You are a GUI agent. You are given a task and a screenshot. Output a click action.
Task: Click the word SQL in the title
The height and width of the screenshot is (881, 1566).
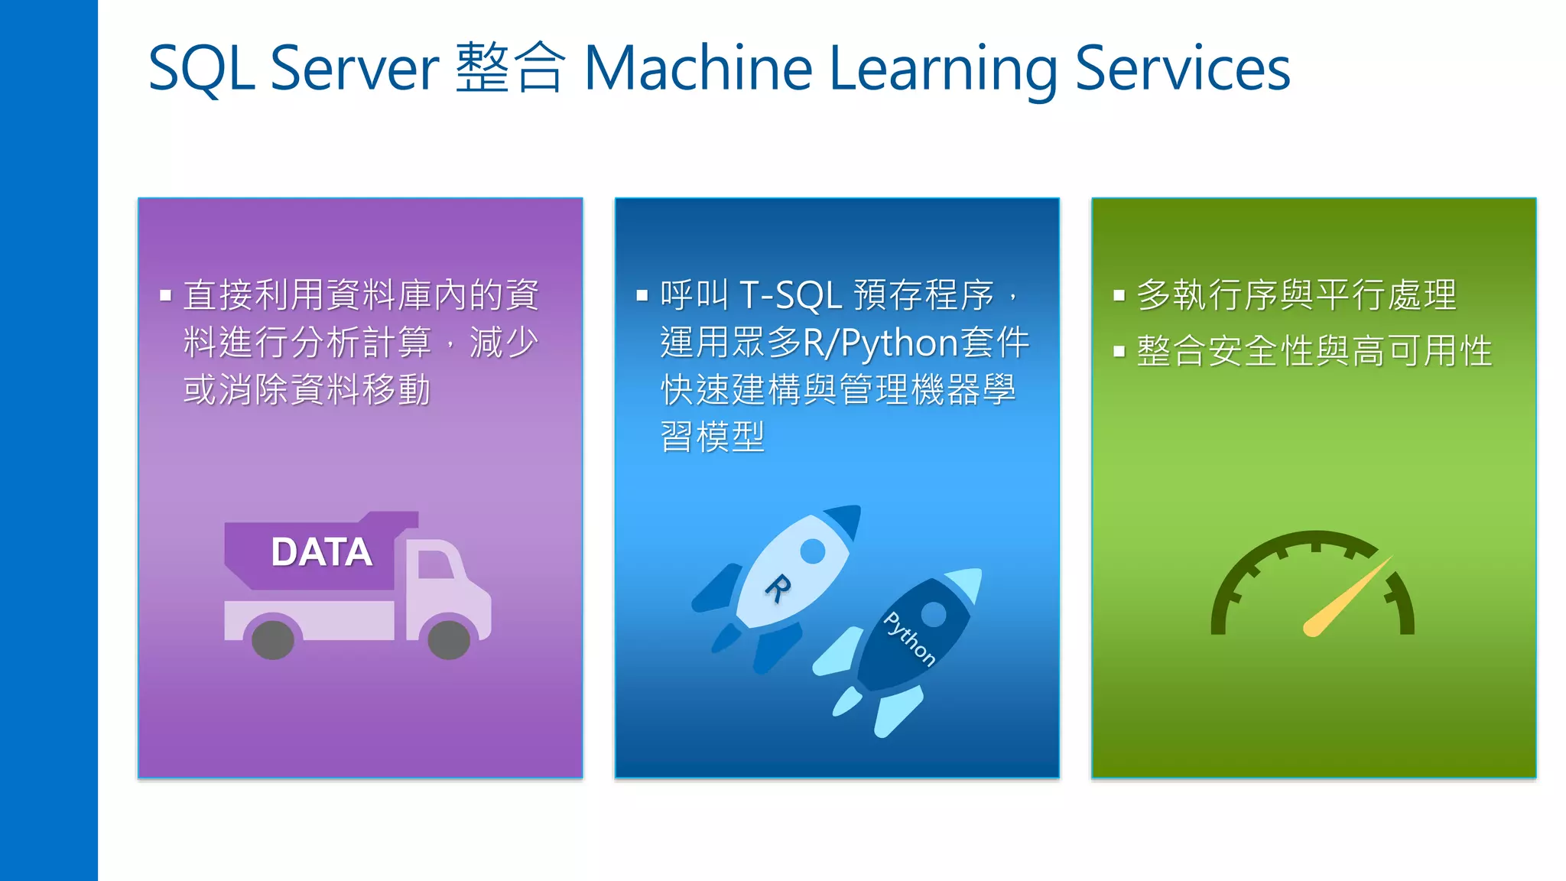point(200,69)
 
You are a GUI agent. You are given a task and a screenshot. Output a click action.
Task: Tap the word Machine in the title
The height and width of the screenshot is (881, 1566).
point(697,69)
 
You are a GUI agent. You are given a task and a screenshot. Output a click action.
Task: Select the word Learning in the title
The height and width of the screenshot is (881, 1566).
point(942,69)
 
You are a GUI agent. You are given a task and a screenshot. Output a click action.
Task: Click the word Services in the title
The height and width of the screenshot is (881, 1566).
point(1182,69)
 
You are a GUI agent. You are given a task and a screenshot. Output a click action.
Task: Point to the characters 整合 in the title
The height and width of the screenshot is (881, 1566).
point(510,69)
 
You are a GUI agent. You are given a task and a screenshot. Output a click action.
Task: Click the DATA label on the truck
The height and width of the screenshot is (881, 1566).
point(321,552)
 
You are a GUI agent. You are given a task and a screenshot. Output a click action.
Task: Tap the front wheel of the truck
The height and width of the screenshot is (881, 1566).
point(449,639)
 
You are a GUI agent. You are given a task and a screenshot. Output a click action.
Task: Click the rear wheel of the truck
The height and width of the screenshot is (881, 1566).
point(273,639)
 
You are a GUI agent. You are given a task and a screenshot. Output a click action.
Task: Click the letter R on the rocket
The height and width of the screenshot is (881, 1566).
point(778,588)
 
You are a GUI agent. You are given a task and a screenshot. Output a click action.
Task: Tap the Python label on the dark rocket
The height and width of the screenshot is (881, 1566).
point(909,639)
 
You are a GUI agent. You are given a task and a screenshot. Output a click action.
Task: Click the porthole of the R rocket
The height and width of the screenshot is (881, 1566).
point(812,551)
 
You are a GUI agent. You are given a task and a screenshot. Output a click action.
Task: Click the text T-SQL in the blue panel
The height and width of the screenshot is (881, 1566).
point(791,295)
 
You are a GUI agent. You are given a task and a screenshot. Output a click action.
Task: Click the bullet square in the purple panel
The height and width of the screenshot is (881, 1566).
point(165,295)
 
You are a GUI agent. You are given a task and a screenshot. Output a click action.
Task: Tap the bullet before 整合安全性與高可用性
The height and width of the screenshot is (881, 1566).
point(1119,352)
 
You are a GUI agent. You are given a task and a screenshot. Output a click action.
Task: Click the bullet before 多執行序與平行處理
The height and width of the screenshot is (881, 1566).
point(1119,295)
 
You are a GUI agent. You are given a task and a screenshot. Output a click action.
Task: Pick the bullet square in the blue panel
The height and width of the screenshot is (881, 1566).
point(642,295)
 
